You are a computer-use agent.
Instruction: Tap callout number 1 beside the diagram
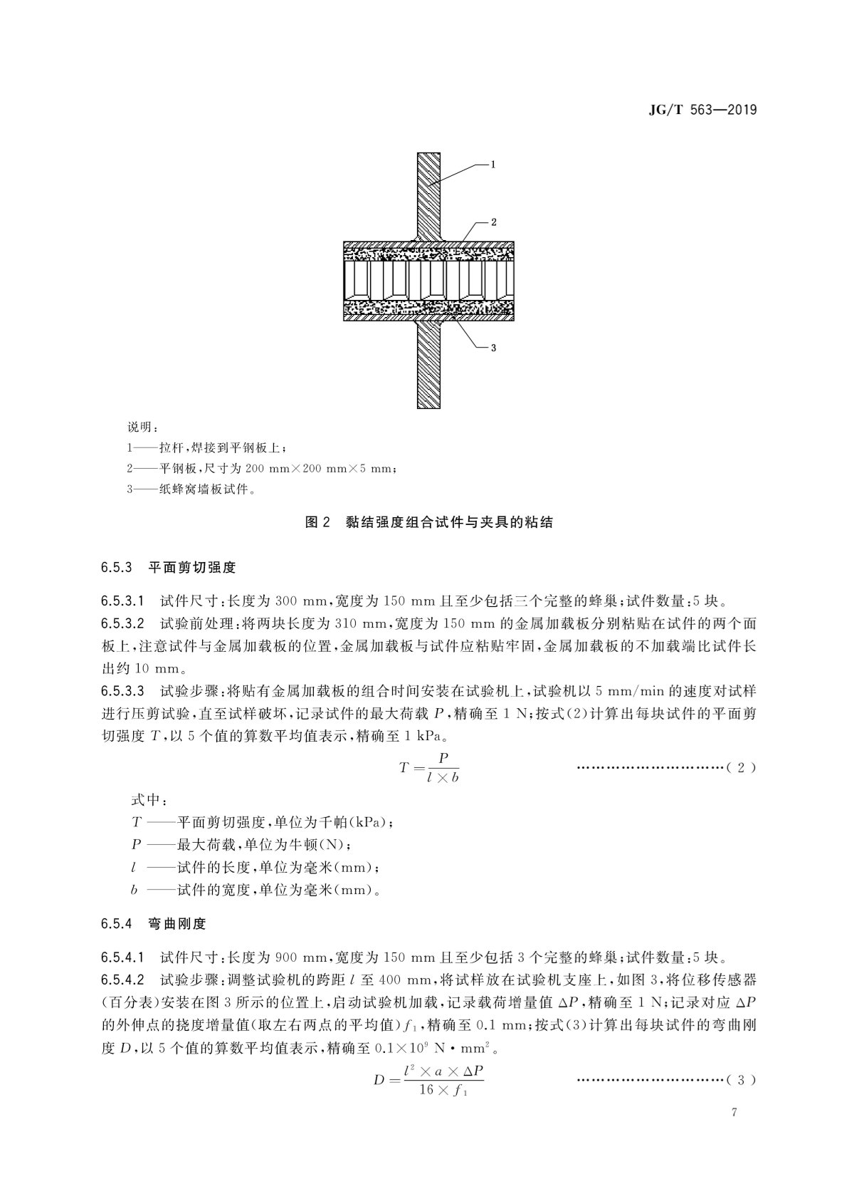pyautogui.click(x=493, y=164)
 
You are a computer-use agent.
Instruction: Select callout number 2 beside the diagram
pyautogui.click(x=493, y=222)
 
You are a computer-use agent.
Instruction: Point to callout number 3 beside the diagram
pyautogui.click(x=493, y=348)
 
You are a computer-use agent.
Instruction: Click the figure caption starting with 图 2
pyautogui.click(x=428, y=523)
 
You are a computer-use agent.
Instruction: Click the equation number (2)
pyautogui.click(x=741, y=767)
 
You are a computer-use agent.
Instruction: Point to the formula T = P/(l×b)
pyautogui.click(x=428, y=767)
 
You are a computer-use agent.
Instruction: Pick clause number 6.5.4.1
pyautogui.click(x=124, y=956)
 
